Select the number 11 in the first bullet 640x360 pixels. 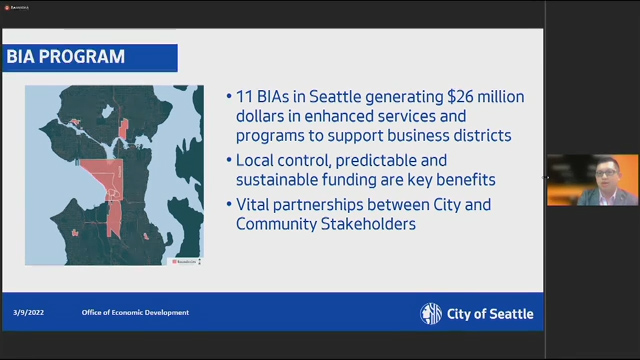[x=244, y=97]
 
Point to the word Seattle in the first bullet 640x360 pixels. [x=337, y=97]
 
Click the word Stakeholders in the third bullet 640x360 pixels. [x=362, y=224]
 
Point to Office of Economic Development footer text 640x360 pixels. [x=135, y=313]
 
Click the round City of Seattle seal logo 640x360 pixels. [x=431, y=313]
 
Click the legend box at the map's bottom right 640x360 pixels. [x=186, y=261]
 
